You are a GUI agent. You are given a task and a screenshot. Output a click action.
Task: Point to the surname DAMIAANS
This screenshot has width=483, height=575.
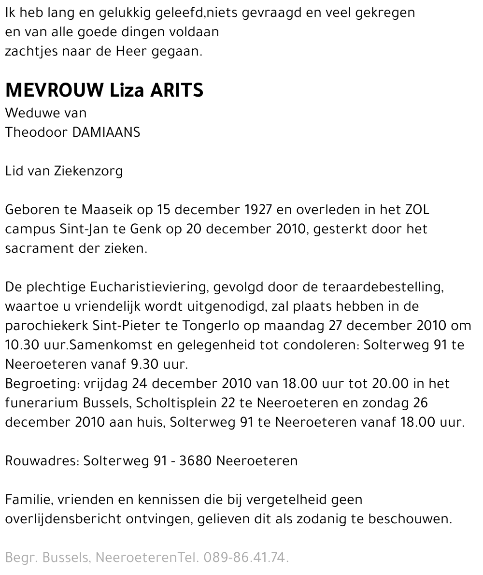(x=106, y=132)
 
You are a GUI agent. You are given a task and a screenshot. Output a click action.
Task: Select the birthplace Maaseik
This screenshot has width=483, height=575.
(x=105, y=210)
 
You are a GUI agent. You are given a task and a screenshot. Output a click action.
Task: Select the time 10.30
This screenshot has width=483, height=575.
(x=21, y=345)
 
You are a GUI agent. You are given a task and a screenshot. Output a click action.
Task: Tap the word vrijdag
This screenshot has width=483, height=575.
(x=102, y=384)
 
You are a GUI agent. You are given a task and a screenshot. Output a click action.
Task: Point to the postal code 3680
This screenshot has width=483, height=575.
(x=195, y=461)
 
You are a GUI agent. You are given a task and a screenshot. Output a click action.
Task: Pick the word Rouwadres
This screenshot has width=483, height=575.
(x=42, y=461)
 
